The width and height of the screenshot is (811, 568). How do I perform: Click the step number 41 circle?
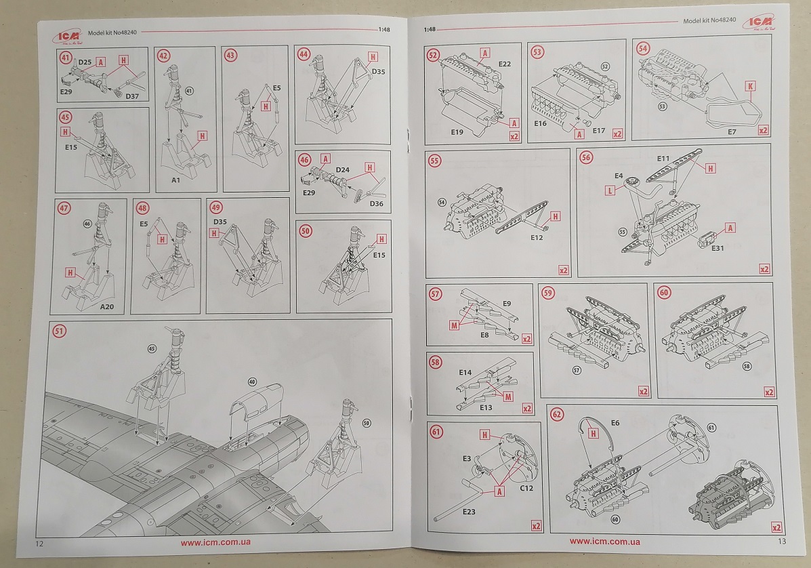coord(66,57)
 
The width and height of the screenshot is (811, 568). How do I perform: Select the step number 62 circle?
coord(557,414)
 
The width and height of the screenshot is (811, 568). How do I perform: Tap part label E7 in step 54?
coord(730,131)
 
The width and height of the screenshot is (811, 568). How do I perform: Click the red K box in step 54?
coord(750,86)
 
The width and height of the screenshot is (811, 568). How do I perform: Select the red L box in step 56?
coord(611,192)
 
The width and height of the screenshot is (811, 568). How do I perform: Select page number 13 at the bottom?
coord(781,542)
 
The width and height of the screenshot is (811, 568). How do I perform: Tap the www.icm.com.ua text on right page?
coord(604,542)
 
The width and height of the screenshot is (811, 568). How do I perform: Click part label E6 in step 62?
coord(615,422)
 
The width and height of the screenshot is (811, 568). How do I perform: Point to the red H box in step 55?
coord(556,216)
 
